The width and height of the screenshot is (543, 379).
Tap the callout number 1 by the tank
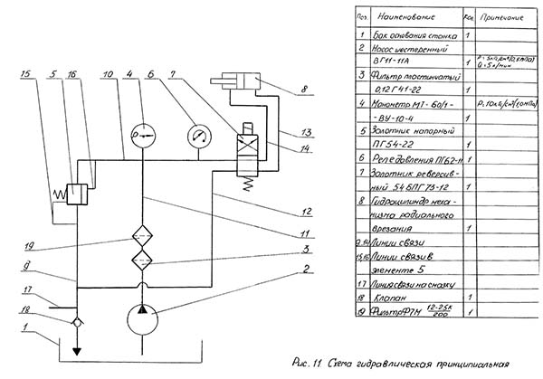coord(26,327)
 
